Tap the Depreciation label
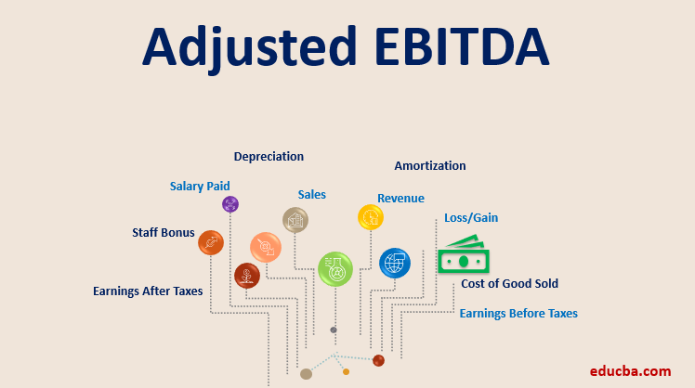[269, 157]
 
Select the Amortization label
[429, 166]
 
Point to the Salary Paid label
[200, 186]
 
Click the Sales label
[311, 195]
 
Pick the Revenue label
[400, 199]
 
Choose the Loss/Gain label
[471, 218]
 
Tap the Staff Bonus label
[164, 233]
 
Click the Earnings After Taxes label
[148, 291]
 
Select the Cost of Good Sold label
[509, 284]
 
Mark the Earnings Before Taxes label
[518, 314]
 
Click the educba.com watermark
[631, 371]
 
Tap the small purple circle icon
[230, 204]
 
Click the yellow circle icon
[371, 217]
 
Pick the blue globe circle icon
[394, 263]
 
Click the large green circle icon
[335, 269]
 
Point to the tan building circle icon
[295, 220]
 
